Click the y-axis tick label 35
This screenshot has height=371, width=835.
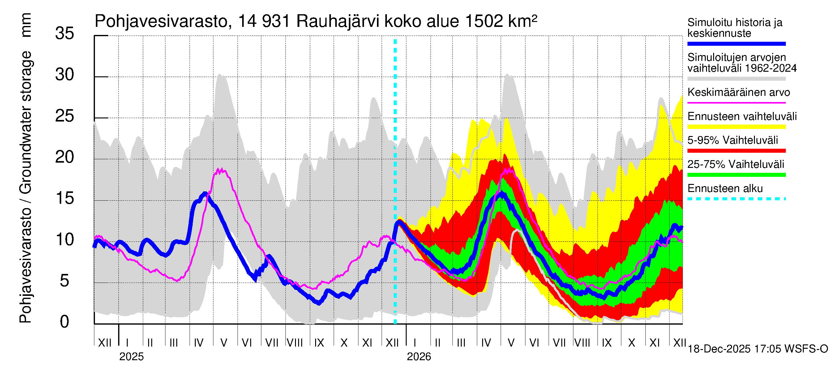tap(65, 33)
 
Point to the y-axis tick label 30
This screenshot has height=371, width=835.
tap(65, 75)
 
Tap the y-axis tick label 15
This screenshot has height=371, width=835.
tap(65, 198)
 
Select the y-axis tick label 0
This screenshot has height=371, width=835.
tap(65, 322)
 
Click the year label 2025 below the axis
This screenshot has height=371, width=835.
tap(131, 357)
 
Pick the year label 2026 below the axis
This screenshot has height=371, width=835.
tap(419, 357)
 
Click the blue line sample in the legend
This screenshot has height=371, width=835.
tap(736, 44)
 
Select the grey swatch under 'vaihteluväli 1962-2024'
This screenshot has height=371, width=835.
tap(736, 79)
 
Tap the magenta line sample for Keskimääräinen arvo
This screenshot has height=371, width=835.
tap(736, 103)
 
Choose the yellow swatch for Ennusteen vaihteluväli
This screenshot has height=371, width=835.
tap(736, 127)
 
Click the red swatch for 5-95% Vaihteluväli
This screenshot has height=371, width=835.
tap(736, 151)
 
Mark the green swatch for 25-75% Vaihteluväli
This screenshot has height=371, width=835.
tap(736, 175)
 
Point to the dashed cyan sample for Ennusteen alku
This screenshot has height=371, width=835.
tap(736, 198)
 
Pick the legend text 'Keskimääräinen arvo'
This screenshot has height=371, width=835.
tap(739, 92)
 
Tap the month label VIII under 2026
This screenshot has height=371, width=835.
tap(582, 343)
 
